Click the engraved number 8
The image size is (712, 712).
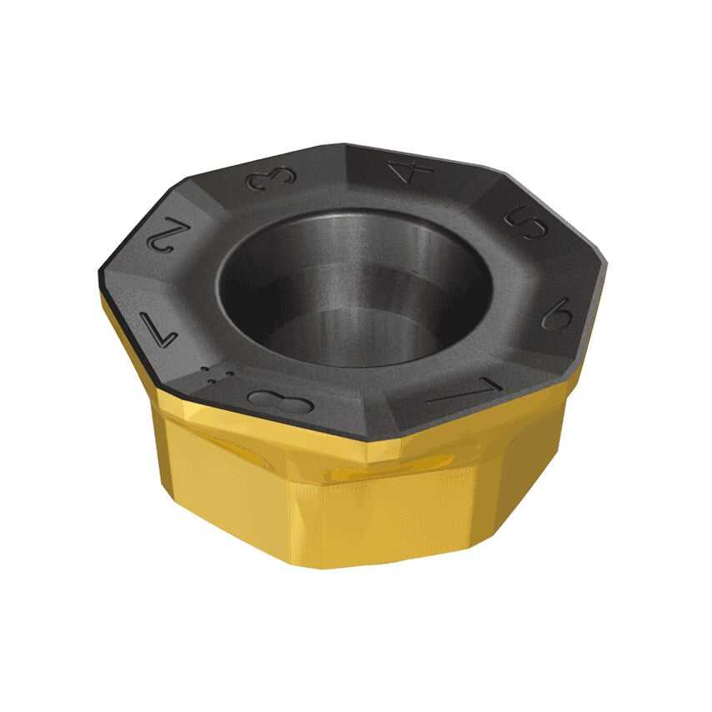[279, 401]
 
